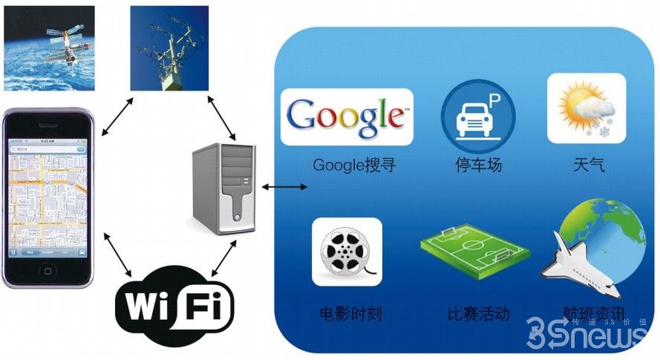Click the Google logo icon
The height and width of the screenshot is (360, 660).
click(347, 117)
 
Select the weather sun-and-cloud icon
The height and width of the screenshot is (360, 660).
click(586, 108)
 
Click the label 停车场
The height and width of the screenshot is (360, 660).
click(478, 165)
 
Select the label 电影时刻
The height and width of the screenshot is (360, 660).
click(350, 313)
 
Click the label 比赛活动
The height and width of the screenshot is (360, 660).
click(479, 313)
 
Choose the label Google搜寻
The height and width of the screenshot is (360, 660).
click(354, 165)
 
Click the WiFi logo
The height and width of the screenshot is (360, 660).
click(174, 305)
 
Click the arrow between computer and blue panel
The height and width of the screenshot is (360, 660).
click(284, 186)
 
